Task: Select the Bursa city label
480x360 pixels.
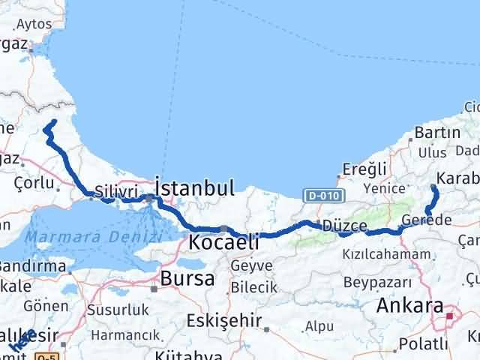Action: [182, 279]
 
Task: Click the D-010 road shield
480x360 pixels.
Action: [318, 196]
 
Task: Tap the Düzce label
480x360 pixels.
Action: [345, 226]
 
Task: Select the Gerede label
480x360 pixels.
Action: [427, 220]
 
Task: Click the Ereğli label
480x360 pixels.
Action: [364, 168]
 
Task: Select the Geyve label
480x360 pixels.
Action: [247, 265]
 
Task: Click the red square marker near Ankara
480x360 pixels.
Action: [449, 316]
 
